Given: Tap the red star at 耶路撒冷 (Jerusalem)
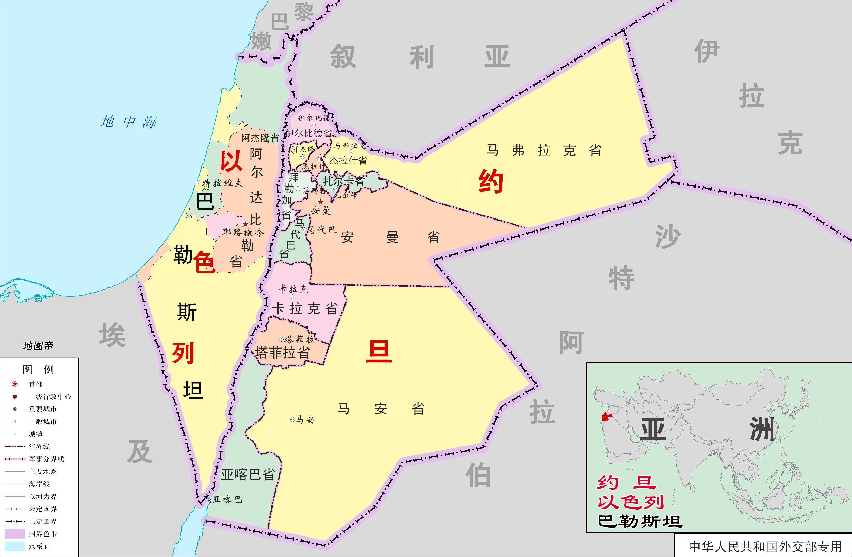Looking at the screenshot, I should pyautogui.click(x=245, y=224).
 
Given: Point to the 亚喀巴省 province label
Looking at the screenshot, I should pyautogui.click(x=248, y=474).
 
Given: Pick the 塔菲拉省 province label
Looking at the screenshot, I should pyautogui.click(x=282, y=353).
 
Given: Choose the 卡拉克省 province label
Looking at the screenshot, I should pyautogui.click(x=305, y=309).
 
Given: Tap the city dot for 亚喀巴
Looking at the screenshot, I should pyautogui.click(x=210, y=500).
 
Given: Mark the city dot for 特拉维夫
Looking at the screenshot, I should pyautogui.click(x=198, y=183).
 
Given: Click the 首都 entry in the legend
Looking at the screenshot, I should pyautogui.click(x=35, y=384).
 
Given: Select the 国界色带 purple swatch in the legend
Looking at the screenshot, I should pyautogui.click(x=15, y=534).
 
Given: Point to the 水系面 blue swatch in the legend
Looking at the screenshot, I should pyautogui.click(x=15, y=546).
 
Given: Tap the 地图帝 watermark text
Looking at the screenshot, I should pyautogui.click(x=38, y=346).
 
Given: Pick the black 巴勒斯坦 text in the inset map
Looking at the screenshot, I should pyautogui.click(x=640, y=522).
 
